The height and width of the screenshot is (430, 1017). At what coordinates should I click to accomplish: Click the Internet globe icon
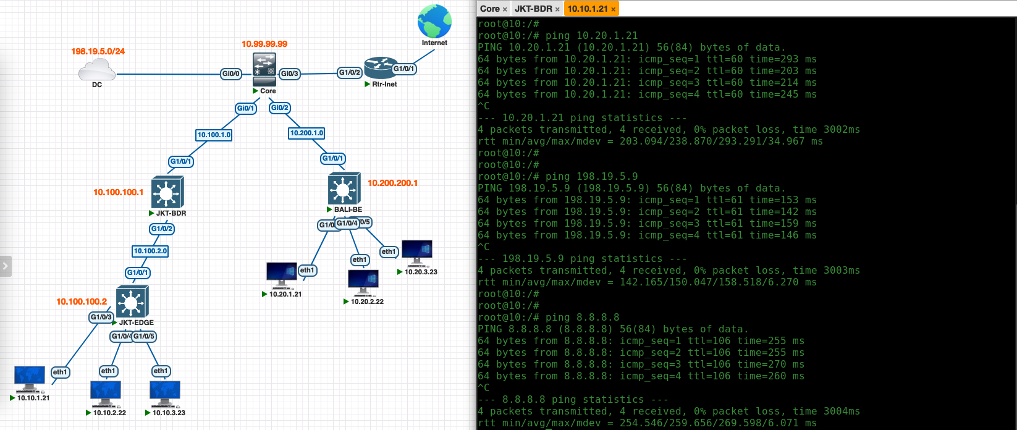tap(434, 22)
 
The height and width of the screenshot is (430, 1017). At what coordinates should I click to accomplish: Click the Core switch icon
tap(264, 69)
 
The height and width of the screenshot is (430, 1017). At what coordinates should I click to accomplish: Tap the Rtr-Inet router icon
tap(381, 67)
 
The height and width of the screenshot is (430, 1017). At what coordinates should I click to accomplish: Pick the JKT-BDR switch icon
tap(167, 192)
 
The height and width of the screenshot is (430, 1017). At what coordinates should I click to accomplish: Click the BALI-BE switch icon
tap(344, 188)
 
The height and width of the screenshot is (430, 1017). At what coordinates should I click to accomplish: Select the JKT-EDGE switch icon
tap(132, 302)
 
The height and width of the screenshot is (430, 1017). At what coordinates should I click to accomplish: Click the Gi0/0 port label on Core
tap(230, 74)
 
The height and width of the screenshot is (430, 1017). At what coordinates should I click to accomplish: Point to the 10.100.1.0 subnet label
tap(214, 135)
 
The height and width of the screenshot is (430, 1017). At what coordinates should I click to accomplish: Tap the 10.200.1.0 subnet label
tap(306, 133)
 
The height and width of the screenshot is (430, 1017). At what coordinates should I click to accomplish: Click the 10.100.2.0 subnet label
tap(151, 251)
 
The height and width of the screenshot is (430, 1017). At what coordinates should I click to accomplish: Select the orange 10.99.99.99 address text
tap(264, 44)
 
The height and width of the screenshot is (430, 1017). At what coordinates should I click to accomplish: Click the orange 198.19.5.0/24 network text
tap(98, 51)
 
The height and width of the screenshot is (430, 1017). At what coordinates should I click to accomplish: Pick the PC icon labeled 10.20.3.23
tap(417, 251)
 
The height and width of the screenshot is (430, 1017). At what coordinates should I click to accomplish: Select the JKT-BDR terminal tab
tap(533, 9)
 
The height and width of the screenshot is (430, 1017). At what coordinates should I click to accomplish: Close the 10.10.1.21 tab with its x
tap(613, 9)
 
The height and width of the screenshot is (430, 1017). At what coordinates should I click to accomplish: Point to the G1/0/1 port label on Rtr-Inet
tap(404, 69)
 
